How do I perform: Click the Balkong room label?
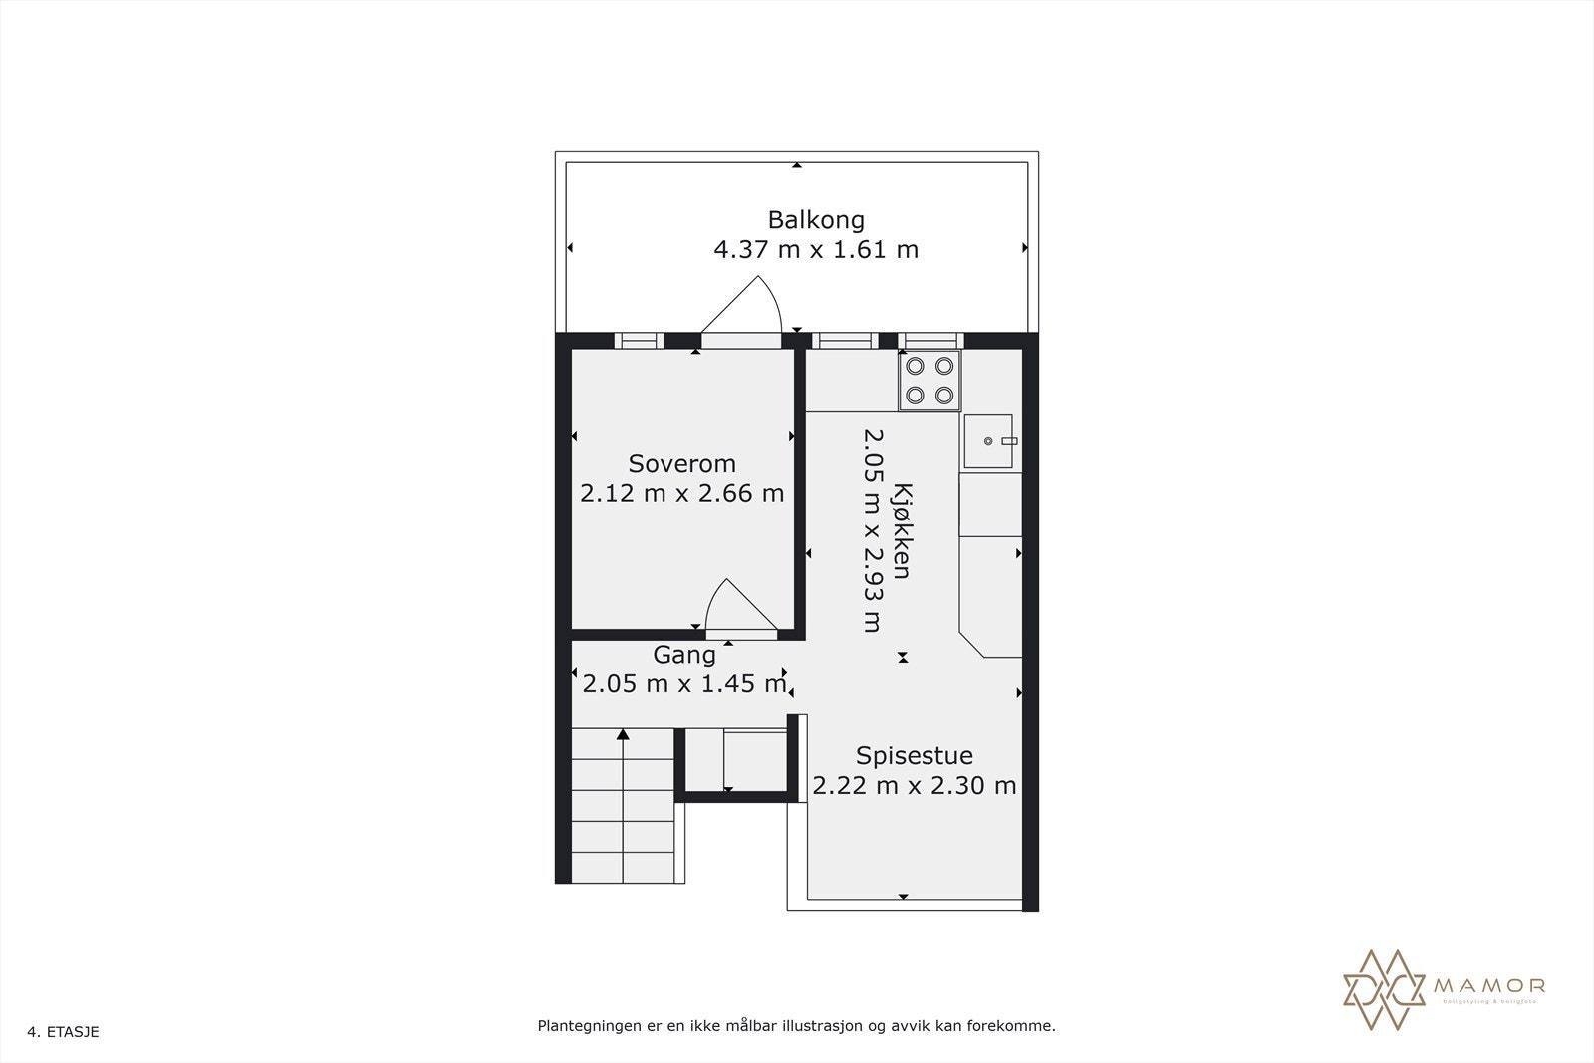pos(815,219)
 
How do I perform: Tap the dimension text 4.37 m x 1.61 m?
pos(815,249)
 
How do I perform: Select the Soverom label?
pos(681,463)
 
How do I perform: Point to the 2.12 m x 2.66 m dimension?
pos(681,493)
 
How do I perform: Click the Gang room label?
pos(683,655)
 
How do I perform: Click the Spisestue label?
pos(914,755)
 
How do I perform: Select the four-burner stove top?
pos(930,381)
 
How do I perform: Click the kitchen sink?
pos(987,441)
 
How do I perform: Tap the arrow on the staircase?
pos(623,735)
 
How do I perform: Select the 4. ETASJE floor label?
pos(64,1032)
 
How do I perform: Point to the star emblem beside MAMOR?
pos(1385,988)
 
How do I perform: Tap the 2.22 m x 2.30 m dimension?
pos(914,786)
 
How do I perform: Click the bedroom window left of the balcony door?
pos(639,341)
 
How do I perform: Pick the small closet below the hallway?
pos(738,759)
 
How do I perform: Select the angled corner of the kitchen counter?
pos(972,643)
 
